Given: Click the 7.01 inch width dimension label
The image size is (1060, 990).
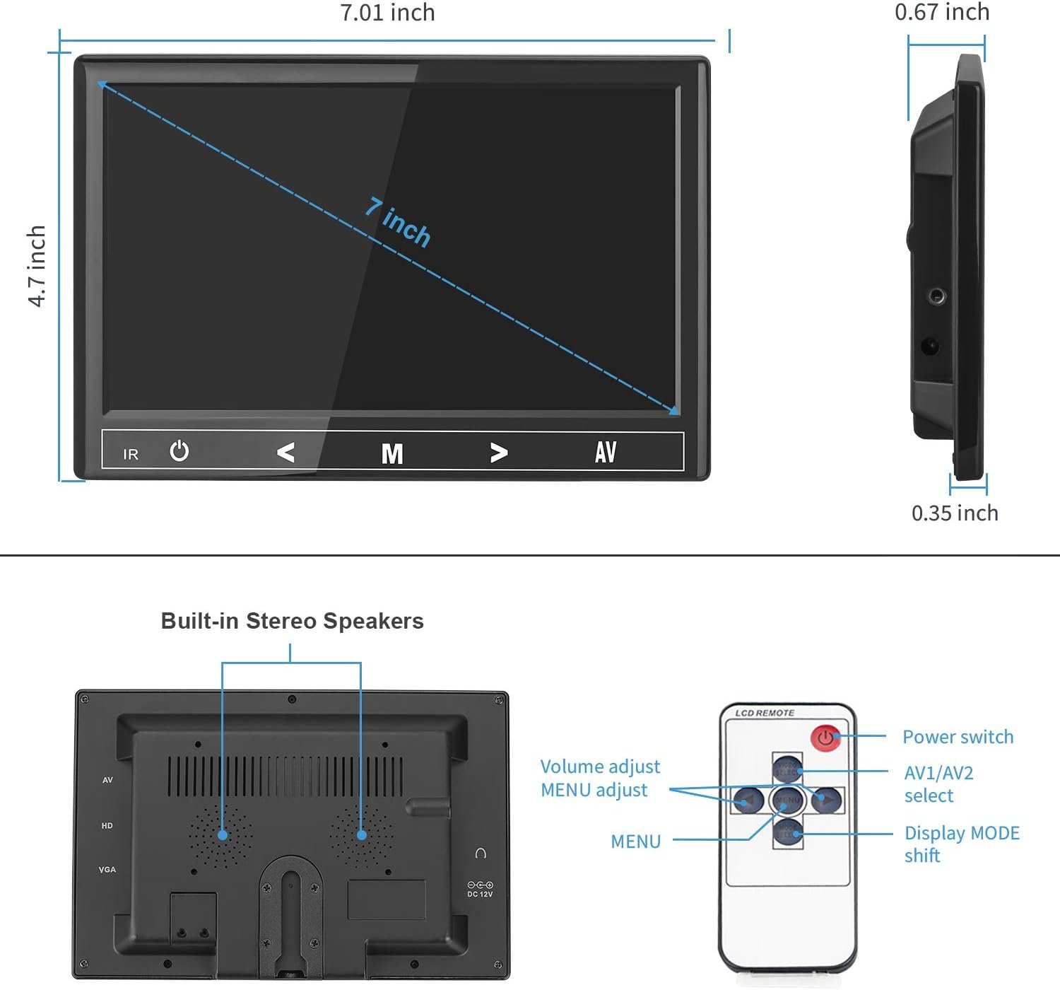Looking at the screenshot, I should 387,13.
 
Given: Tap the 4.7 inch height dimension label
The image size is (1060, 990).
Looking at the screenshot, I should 37,266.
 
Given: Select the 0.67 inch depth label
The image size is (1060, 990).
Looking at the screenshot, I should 942,12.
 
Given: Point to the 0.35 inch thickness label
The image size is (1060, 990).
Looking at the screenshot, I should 955,513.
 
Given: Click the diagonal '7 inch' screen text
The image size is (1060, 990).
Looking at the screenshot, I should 398,222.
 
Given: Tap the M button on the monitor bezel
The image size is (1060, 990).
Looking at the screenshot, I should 392,453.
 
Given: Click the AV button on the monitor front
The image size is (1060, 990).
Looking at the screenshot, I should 606,452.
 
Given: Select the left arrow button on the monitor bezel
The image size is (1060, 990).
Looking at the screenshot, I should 285,452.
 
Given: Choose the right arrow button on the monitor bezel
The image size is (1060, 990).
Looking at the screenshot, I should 499,453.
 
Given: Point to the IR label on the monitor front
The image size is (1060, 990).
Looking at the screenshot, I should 131,455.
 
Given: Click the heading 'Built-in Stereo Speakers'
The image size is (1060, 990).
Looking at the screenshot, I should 292,621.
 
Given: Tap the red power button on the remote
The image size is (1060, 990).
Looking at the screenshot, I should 825,738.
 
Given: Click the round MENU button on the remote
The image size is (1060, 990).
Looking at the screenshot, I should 787,800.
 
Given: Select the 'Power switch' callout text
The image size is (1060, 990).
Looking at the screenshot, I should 958,737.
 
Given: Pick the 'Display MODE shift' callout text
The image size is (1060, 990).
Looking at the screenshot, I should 962,844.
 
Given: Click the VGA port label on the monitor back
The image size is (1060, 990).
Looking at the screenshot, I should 107,870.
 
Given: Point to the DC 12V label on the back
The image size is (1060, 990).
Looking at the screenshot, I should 480,894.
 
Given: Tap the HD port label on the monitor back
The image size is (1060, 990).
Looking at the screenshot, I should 107,825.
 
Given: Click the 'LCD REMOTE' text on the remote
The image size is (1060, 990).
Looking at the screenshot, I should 764,713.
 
